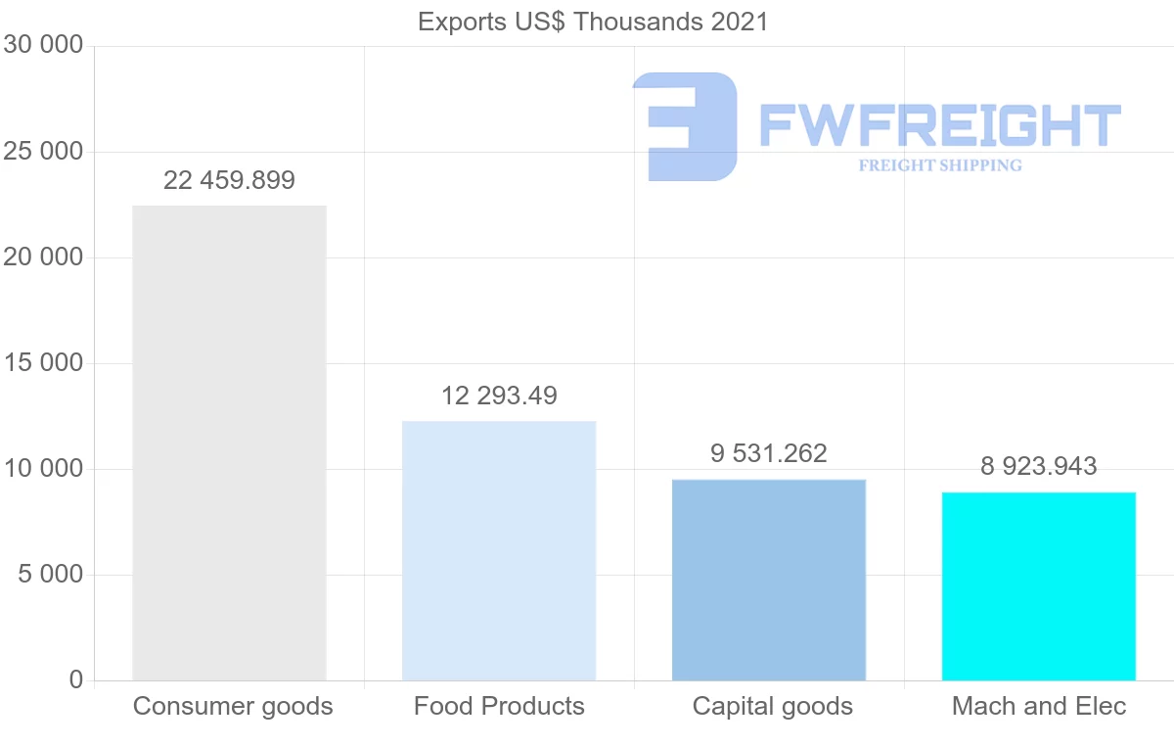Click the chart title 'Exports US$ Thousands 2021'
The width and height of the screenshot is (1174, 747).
coord(593,22)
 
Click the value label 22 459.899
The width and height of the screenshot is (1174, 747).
coord(229,180)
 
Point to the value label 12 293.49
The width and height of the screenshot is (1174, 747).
coord(499,396)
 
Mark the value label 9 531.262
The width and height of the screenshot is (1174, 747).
coord(769,453)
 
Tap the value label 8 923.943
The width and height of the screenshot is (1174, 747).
coord(1038,466)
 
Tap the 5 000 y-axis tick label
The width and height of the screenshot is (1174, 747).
coord(50,575)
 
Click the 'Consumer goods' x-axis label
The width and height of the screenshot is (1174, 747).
coord(233,706)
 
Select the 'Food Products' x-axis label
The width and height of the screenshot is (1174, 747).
coord(499,706)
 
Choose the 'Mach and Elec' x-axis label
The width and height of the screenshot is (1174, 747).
coord(1039,706)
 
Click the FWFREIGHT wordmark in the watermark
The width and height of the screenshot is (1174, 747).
coord(939,125)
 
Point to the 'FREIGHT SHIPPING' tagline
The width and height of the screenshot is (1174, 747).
coord(940,165)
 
